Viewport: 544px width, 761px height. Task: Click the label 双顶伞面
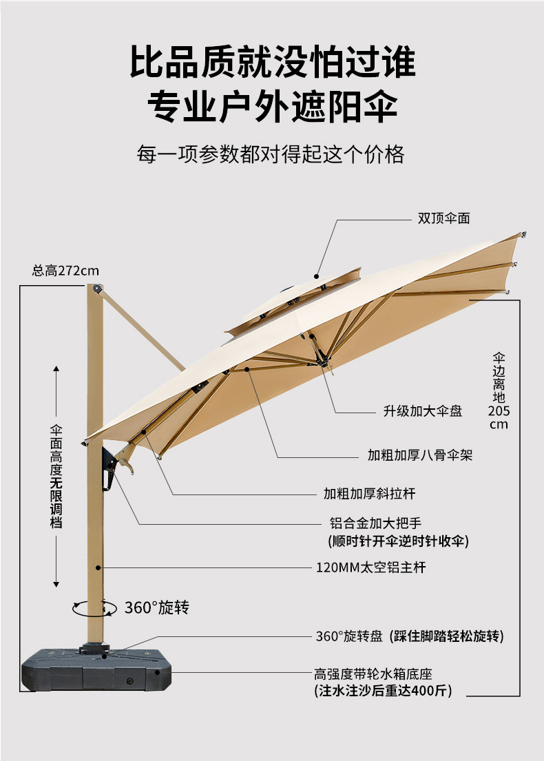(x=444, y=218)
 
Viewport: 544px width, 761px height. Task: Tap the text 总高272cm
(x=65, y=270)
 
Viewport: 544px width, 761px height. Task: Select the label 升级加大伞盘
(x=423, y=411)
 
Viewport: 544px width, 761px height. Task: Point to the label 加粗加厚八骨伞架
(x=420, y=455)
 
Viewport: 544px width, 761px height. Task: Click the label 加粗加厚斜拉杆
(x=370, y=493)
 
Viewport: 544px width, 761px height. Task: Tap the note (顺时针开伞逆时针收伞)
(x=398, y=541)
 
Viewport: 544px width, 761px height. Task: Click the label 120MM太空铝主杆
(x=371, y=568)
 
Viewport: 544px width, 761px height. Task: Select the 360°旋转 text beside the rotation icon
(x=156, y=607)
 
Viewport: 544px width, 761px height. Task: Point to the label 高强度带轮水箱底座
(x=373, y=674)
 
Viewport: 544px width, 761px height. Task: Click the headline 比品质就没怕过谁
(x=273, y=62)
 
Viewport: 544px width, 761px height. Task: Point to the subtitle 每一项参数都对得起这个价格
(x=271, y=154)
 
